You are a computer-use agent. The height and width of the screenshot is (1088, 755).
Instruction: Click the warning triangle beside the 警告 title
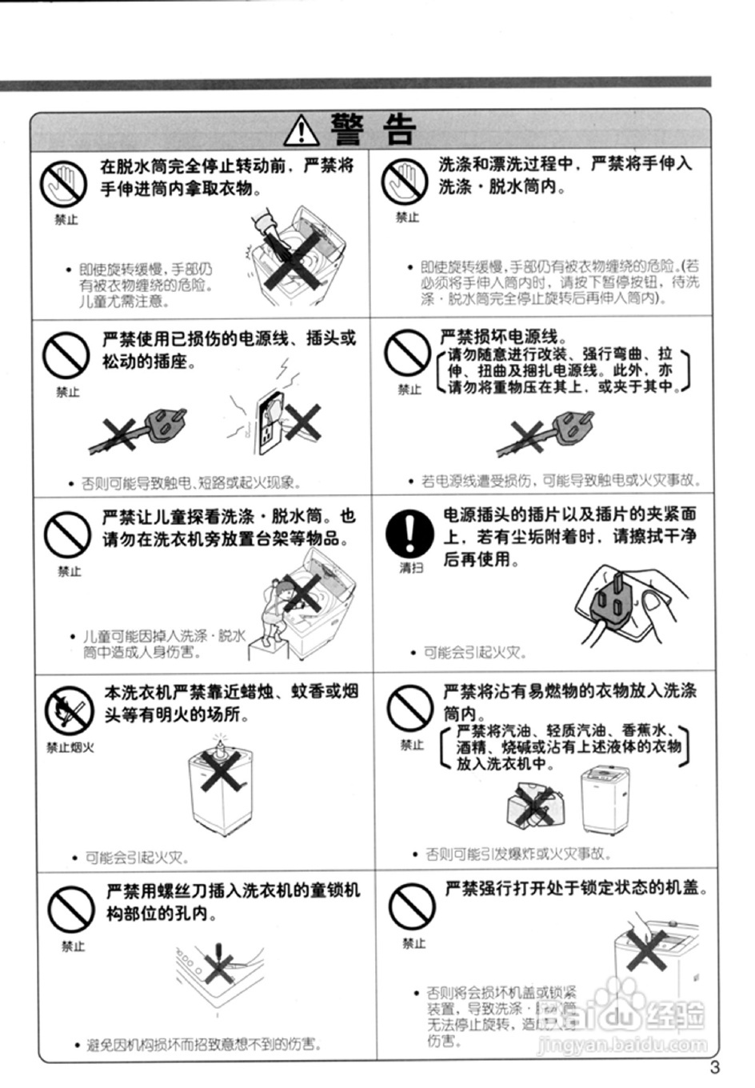[x=302, y=129]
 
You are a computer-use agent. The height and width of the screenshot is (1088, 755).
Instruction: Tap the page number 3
[x=714, y=1066]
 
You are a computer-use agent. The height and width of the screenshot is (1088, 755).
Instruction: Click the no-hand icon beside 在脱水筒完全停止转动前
[x=63, y=182]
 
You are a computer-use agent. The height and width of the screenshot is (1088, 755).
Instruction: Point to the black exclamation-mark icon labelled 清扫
[x=409, y=533]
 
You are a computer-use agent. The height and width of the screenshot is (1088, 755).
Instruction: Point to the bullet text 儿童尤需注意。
[x=124, y=302]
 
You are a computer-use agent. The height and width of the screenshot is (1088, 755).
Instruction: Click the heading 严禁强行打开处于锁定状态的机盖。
[x=577, y=888]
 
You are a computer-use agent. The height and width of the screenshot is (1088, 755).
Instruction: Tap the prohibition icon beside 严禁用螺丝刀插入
[x=71, y=910]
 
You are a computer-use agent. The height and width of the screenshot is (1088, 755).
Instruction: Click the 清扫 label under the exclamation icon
[x=411, y=568]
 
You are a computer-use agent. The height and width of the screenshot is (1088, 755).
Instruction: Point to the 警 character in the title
[x=348, y=129]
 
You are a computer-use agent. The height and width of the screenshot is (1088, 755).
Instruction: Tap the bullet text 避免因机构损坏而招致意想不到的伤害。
[x=205, y=1045]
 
